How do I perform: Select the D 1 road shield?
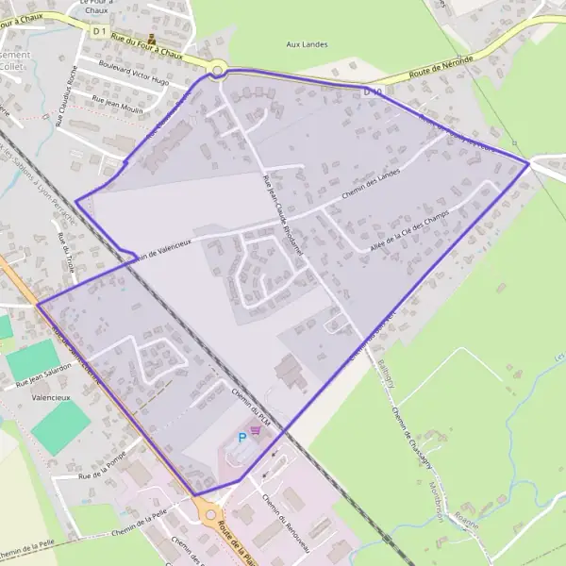[x=101, y=31]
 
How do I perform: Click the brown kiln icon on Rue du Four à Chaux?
[x=152, y=40]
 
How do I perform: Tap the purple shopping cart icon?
[x=256, y=429]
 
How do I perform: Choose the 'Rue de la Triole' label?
[x=66, y=251]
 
